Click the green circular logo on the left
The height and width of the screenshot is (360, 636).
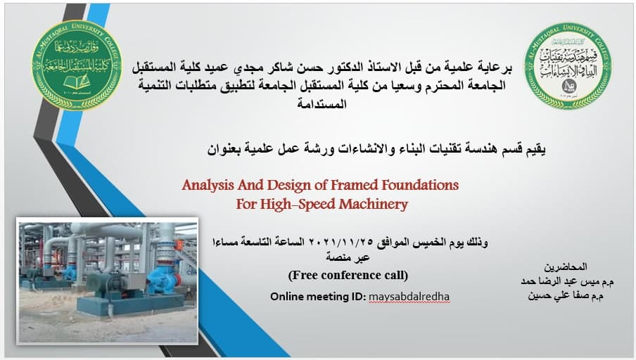coord(77,65)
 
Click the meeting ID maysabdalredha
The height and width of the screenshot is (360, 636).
coord(408,297)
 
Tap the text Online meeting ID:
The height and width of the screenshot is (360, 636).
coord(317,297)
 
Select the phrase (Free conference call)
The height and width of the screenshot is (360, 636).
coord(348,275)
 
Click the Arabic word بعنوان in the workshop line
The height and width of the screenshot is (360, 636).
coord(226,149)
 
